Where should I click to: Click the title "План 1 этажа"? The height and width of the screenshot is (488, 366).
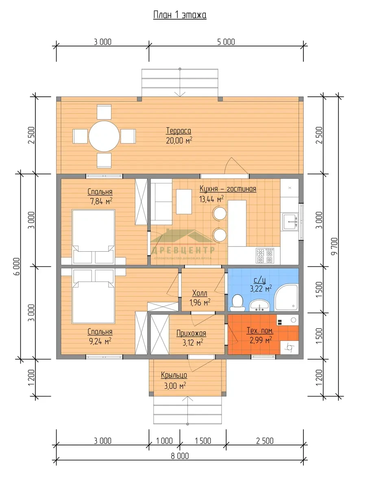180,15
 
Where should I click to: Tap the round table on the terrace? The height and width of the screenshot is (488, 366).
104,136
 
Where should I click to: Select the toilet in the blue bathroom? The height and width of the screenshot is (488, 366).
237,303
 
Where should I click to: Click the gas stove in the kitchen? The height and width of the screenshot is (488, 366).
265,256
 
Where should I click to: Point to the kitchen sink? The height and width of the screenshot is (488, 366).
290,222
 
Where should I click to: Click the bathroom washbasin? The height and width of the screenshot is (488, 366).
259,305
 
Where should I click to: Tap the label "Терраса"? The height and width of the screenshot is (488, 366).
179,131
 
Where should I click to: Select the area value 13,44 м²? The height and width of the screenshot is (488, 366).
211,199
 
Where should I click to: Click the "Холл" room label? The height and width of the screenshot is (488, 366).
200,293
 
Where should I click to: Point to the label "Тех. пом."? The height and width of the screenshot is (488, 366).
260,331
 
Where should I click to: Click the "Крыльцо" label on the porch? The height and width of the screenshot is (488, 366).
174,375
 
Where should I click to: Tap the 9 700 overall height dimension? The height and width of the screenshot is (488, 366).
334,246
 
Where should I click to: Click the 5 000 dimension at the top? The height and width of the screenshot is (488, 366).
226,42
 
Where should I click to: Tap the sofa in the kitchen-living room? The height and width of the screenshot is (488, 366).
161,202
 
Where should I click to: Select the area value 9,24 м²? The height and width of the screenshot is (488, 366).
100,341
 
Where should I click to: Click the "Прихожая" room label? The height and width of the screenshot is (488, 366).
191,333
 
